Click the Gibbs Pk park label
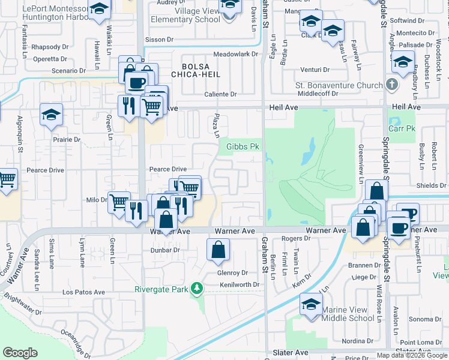pos(243,146)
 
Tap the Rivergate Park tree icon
pos(197,289)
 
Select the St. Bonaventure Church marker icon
pos(391,85)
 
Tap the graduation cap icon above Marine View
pos(311,304)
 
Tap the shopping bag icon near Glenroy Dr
pos(218,250)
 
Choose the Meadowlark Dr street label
pos(235,54)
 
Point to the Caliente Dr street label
pos(221,94)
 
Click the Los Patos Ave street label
pos(83,292)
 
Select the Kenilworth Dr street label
pos(239,284)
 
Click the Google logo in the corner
pos(20,353)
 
